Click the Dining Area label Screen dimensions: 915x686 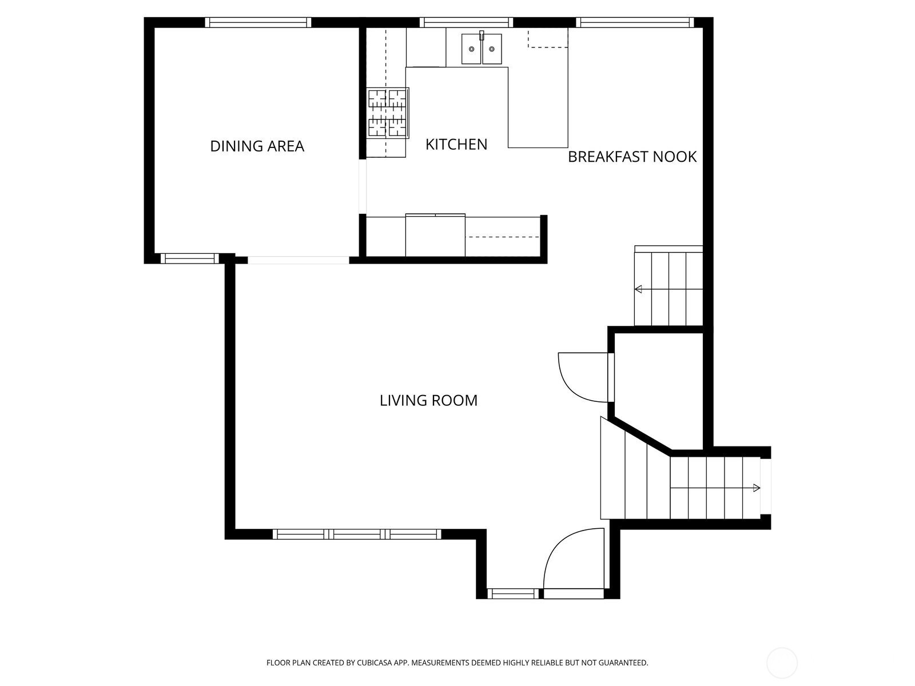257,146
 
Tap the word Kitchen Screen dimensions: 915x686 456,145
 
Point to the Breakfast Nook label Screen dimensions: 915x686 632,157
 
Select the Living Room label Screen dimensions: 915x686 428,400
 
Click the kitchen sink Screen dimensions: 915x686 482,49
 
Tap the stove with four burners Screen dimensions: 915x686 388,113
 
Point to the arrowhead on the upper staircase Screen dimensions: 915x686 638,289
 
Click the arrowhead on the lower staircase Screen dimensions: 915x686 757,488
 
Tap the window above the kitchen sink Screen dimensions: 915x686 466,22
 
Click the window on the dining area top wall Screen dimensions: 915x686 258,22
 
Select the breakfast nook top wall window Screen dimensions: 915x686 635,22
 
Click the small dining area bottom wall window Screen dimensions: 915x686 190,258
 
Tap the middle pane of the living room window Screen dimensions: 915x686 357,534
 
